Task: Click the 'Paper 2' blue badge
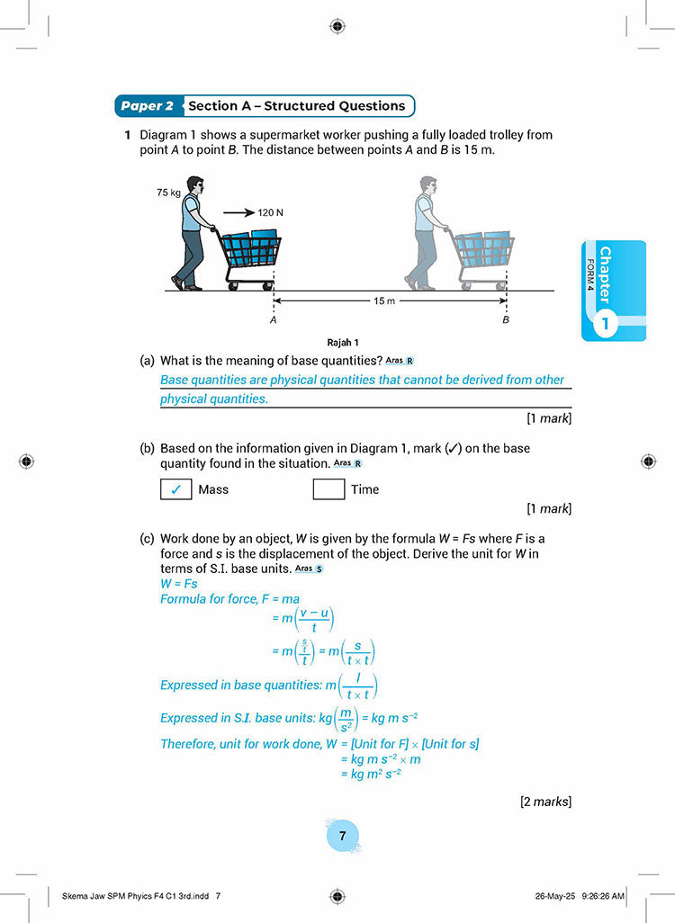(x=148, y=106)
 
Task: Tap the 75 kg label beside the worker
(x=168, y=193)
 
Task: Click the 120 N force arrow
(x=238, y=213)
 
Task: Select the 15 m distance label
(x=384, y=300)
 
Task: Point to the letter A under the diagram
(x=273, y=319)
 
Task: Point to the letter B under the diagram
(x=505, y=319)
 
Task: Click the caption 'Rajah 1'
(x=343, y=342)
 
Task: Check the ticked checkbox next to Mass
(x=175, y=489)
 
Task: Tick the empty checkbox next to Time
(x=328, y=489)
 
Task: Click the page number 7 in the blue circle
(x=342, y=836)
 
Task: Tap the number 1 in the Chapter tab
(x=605, y=323)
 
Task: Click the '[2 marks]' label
(x=545, y=802)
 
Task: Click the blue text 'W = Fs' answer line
(x=178, y=584)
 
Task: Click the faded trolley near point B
(x=483, y=256)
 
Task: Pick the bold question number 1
(x=129, y=135)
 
